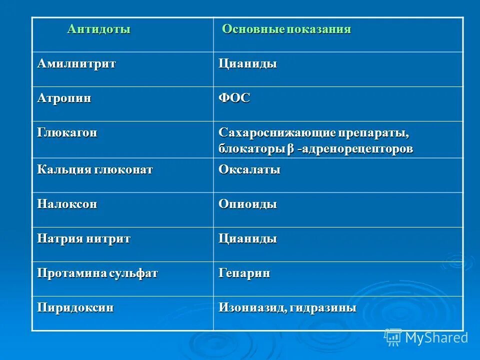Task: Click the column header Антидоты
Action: coord(99,29)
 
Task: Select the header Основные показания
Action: coord(286,29)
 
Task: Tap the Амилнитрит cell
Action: coord(76,64)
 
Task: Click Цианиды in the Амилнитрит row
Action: coord(247,64)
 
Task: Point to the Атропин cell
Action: coord(64,98)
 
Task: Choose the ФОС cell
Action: coord(234,98)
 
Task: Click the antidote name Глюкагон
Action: coord(67,133)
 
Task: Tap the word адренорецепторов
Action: coord(358,149)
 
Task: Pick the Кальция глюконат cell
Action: coord(95,169)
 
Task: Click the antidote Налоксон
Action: coord(67,204)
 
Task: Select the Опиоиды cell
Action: coord(247,204)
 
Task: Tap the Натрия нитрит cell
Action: coord(83,238)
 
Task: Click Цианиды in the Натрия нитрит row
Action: coord(247,238)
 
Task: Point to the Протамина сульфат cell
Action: coord(97,273)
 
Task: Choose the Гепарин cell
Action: coord(244,273)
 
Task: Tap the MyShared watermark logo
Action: coord(426,337)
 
